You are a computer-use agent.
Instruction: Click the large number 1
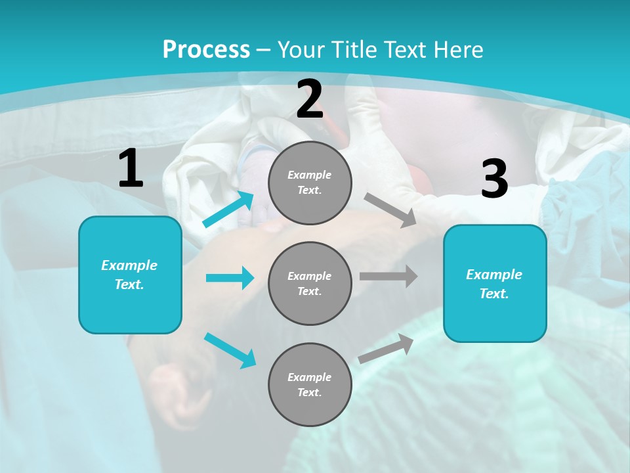(131, 169)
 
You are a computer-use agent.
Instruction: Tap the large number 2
(310, 99)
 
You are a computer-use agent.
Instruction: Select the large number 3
(494, 179)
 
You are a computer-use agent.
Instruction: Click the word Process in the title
(206, 49)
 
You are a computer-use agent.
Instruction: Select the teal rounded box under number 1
(130, 275)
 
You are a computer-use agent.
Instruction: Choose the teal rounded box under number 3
(495, 283)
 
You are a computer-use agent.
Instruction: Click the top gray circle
(310, 183)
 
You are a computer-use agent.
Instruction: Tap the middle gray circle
(310, 283)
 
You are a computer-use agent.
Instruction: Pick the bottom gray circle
(310, 384)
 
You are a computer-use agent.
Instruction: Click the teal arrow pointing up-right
(228, 209)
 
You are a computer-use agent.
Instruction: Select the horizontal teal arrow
(230, 278)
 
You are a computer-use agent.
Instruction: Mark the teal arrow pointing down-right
(230, 350)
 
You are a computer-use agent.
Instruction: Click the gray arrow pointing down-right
(390, 210)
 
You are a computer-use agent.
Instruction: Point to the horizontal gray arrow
(388, 276)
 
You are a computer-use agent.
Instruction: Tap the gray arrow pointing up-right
(386, 348)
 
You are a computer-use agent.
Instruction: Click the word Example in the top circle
(309, 175)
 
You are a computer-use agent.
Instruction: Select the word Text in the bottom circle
(309, 392)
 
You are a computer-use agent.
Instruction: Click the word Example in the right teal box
(494, 275)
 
